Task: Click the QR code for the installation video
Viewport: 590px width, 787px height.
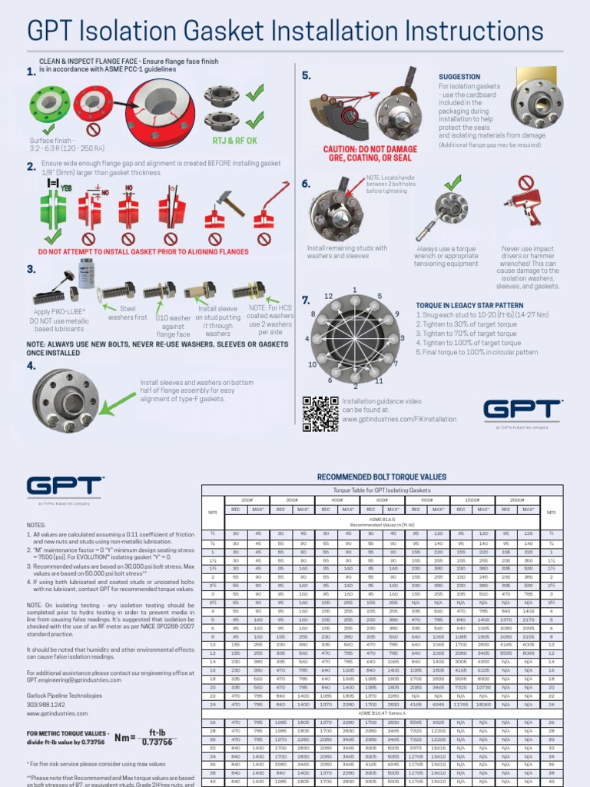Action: (x=320, y=413)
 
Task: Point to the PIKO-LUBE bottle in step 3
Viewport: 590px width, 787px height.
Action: (x=86, y=274)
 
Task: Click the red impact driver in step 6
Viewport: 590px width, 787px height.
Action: (x=522, y=204)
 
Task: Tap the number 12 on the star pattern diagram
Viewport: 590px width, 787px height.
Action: (x=328, y=295)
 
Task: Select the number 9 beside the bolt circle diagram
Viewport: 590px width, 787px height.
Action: (x=396, y=314)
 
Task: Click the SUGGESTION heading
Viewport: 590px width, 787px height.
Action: (x=459, y=77)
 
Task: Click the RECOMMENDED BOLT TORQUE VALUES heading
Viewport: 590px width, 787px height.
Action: (x=381, y=477)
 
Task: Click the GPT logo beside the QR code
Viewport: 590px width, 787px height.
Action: (x=522, y=410)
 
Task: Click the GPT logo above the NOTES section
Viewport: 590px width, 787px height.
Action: (x=65, y=487)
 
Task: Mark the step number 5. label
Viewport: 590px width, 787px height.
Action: (x=306, y=75)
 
